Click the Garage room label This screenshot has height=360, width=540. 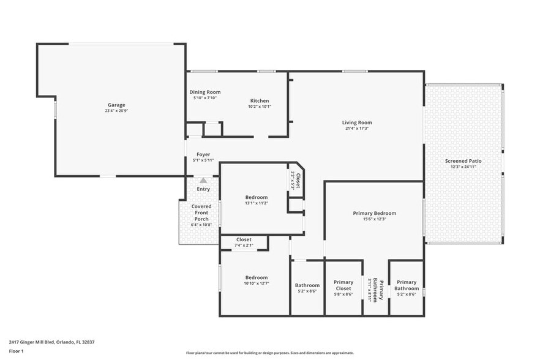117,105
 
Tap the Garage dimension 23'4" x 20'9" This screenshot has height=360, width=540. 117,111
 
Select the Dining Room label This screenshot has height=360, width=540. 204,92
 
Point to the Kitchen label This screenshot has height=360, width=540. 260,100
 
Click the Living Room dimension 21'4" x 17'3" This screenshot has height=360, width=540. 357,129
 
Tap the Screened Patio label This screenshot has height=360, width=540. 463,161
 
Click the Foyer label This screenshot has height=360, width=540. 203,154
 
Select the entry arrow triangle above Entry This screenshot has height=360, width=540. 203,181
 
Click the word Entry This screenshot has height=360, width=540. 203,189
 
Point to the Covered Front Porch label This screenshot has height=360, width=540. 201,212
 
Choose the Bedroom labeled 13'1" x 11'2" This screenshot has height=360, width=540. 256,197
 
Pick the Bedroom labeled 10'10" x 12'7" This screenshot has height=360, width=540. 257,277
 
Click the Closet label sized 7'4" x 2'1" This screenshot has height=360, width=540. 244,239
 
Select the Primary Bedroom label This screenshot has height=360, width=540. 374,213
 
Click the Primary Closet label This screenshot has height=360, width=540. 343,285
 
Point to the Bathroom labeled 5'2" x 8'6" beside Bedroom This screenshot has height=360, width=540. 307,285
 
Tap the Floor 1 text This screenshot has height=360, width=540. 17,351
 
